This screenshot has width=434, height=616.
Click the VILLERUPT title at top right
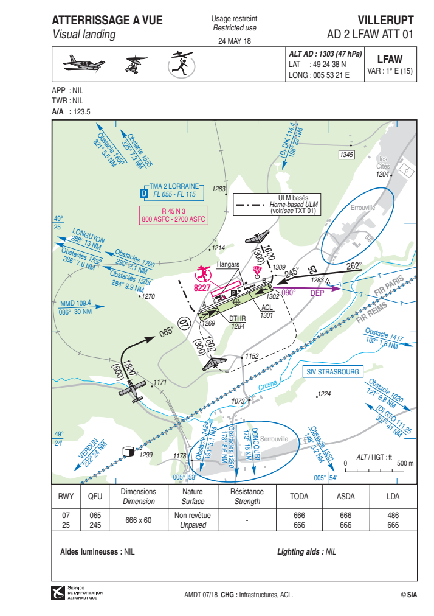(x=385, y=20)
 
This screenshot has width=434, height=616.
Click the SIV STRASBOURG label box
(x=332, y=372)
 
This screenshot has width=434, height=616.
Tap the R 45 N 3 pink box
(x=173, y=215)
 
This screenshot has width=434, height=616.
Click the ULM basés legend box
(x=277, y=205)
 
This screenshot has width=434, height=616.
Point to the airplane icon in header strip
(x=84, y=63)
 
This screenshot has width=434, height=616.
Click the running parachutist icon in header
(x=182, y=64)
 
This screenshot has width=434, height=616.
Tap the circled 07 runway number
(x=183, y=324)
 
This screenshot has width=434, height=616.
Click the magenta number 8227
(x=202, y=287)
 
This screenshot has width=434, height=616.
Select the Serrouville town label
(x=274, y=438)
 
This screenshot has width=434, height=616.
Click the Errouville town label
(x=363, y=208)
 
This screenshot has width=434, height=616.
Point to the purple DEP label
(x=317, y=293)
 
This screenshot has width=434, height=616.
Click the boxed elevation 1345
(x=346, y=155)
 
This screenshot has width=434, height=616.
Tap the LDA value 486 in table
(x=393, y=515)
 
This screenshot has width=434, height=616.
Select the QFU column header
(x=95, y=496)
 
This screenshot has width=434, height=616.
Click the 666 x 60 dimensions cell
(x=139, y=520)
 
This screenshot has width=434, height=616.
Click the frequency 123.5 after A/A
(x=82, y=111)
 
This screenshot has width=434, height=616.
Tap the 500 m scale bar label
(x=405, y=463)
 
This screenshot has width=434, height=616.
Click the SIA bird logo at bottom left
(x=58, y=592)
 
